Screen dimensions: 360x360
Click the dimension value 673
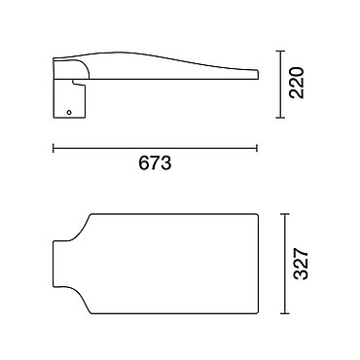(155, 162)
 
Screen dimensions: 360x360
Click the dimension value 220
(297, 83)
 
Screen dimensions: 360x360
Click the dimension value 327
(301, 264)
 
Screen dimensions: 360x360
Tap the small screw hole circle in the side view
(69, 112)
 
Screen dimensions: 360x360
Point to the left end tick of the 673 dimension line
(54, 148)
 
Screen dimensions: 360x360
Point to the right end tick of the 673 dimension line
(257, 148)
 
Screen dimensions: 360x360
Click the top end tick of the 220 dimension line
(280, 51)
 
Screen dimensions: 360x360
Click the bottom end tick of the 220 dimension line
(280, 118)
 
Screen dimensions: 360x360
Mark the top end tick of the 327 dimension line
(284, 214)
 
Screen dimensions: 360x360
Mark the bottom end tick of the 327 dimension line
(284, 313)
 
